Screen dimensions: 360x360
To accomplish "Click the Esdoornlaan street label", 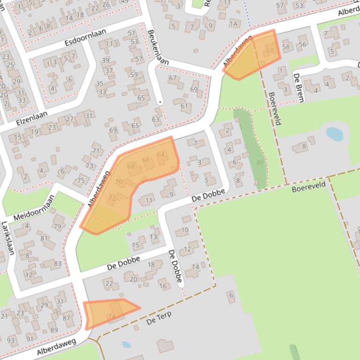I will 85,37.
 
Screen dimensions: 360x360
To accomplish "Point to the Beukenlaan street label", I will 157,47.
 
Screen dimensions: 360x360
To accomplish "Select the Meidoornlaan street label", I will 34,209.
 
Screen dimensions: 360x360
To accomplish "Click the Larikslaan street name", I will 8,238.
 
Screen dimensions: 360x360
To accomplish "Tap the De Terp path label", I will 159,318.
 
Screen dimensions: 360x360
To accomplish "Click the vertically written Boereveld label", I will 275,108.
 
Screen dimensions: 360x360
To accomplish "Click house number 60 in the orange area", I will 270,50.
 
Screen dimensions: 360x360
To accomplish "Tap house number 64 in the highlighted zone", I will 161,155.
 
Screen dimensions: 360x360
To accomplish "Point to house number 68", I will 131,166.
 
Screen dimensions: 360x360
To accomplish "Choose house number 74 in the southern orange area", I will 111,317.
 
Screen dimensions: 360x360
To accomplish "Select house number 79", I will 57,227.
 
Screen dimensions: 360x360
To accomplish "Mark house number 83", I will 58,263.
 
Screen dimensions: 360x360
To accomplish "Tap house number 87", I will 66,318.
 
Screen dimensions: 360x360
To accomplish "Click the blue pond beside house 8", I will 334,134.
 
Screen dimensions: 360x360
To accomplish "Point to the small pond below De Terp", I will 126,345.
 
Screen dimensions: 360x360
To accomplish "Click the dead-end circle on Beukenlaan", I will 160,101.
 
